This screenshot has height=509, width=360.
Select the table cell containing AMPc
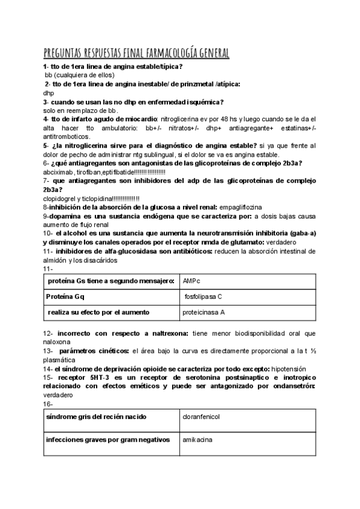coord(246,281)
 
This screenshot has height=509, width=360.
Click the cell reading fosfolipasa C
coord(246,297)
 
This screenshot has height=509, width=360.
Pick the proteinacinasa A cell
coord(246,312)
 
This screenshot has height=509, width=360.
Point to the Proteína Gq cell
coord(110,297)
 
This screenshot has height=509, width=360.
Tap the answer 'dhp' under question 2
coord(49,94)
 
